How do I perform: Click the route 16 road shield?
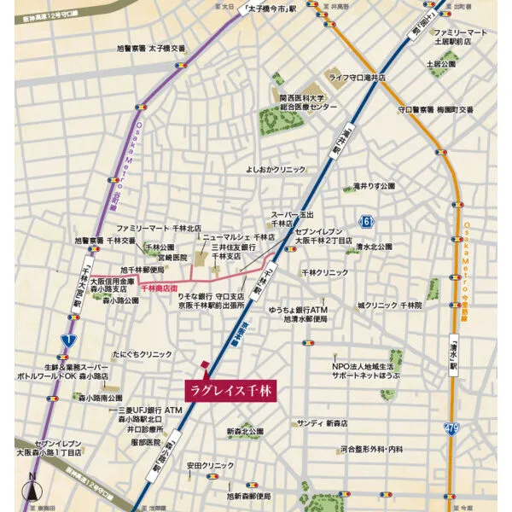tap(366, 220)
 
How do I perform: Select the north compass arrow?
tap(32, 489)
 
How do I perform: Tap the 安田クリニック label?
tap(209, 465)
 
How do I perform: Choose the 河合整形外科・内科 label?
tap(371, 448)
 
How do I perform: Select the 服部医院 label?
tap(141, 442)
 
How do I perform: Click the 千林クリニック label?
tap(325, 272)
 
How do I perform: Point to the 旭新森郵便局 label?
tap(248, 496)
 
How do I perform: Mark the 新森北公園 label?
tap(245, 433)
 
